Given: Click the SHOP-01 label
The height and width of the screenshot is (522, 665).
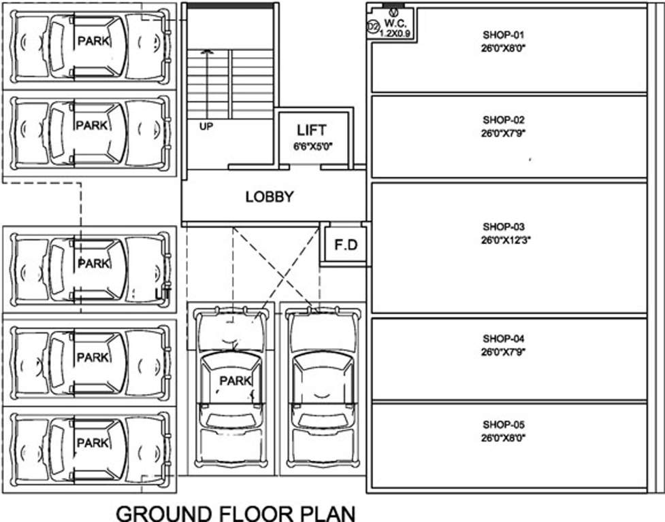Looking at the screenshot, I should click(504, 34).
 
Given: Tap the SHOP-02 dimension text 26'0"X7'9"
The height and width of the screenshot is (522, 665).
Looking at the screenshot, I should click(504, 134).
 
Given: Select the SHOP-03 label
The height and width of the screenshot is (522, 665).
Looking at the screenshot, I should click(504, 226).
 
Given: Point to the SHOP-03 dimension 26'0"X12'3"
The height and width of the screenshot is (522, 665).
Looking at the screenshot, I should click(505, 240).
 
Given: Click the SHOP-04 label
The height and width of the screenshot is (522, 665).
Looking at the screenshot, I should click(504, 338).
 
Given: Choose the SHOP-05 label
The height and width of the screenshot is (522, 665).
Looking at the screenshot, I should click(504, 425).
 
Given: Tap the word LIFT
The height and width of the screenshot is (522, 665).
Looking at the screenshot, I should click(312, 130).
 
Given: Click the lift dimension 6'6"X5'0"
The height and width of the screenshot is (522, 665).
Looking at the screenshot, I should click(312, 145).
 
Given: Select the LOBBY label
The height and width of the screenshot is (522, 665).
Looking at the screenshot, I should click(270, 197).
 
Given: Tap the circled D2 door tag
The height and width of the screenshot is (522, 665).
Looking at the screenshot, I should click(373, 27).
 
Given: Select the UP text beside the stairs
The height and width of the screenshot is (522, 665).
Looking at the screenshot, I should click(206, 126).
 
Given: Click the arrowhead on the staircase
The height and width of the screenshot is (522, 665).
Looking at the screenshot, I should click(210, 51).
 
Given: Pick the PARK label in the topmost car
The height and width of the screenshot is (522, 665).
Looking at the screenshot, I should click(91, 40).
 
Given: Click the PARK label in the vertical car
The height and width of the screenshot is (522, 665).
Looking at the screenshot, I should click(236, 381).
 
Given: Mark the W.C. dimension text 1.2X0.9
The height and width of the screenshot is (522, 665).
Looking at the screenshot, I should click(395, 32).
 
